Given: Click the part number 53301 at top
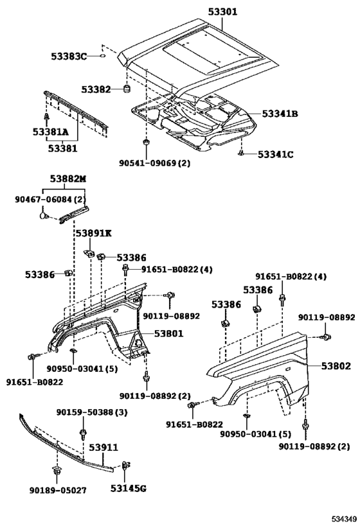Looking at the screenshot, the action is coord(222,12).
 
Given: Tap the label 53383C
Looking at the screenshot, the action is coord(69,56).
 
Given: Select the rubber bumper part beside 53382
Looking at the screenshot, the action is coord(127,89).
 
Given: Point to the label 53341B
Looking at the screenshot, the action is coord(280,114).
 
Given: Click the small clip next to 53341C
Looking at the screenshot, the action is coord(241,153).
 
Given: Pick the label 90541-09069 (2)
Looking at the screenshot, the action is coord(154,163).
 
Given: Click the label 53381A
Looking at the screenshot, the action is coord(50,132).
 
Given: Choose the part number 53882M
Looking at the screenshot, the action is coord(68,179).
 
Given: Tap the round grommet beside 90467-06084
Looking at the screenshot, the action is coord(43,215).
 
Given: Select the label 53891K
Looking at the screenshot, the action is coord(93,232).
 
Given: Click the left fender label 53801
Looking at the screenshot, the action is coord(168,333).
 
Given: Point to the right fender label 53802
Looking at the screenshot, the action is coord(336,366).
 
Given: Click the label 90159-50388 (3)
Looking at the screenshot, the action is coord(92,412).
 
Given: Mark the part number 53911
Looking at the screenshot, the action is coord(104,448).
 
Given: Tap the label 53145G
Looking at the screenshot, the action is coord(129,488).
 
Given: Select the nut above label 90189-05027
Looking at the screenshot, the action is coord(56,471).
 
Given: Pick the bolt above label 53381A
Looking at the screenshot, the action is coord(46,117).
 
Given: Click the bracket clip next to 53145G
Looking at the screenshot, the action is coord(126,465).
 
